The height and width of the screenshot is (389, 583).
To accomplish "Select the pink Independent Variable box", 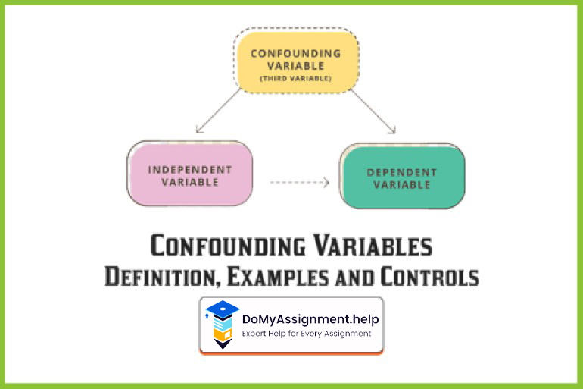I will pyautogui.click(x=189, y=174).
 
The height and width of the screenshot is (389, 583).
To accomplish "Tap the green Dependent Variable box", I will pyautogui.click(x=402, y=177).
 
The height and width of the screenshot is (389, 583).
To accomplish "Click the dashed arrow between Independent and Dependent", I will pyautogui.click(x=299, y=182).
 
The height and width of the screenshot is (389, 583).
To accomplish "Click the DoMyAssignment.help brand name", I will pyautogui.click(x=310, y=319).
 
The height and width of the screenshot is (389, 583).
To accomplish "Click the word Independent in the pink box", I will pyautogui.click(x=190, y=169).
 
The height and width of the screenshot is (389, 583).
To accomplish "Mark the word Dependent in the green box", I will pyautogui.click(x=402, y=172).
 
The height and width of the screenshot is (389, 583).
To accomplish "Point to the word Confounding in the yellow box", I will pyautogui.click(x=295, y=53).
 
